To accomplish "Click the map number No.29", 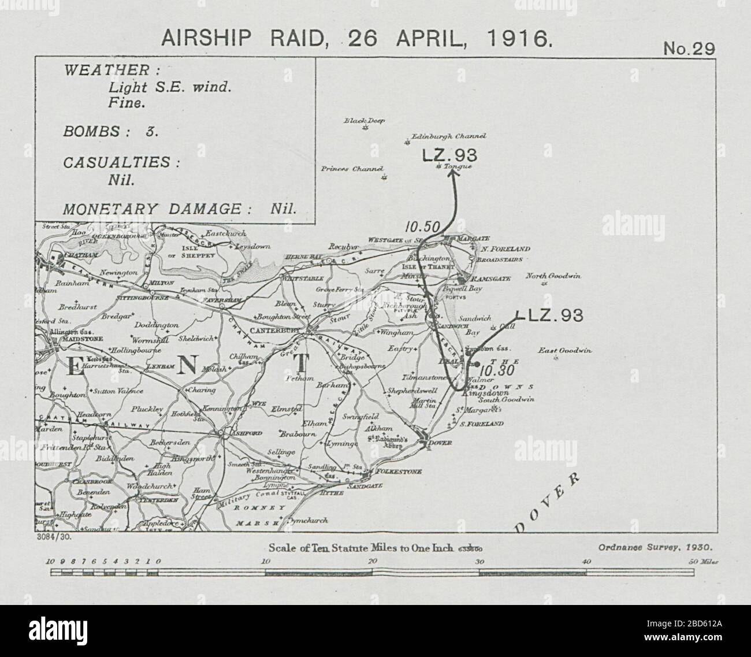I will [x=689, y=49].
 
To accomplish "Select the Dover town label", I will [x=440, y=443].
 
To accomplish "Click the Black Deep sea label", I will [x=364, y=121].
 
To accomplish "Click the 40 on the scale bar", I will [x=586, y=561].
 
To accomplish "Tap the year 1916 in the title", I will [x=519, y=39].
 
